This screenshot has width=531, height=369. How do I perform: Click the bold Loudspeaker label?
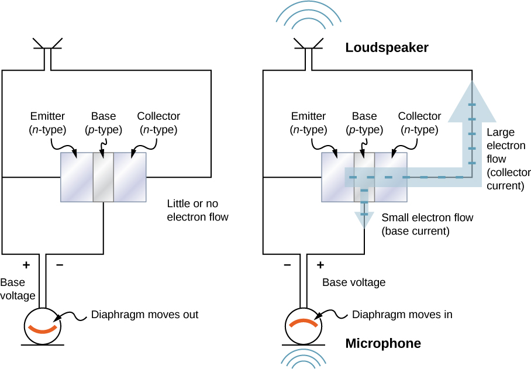(387, 47)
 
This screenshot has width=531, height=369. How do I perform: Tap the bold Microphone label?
(383, 343)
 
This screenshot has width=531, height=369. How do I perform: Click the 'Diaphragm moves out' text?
(144, 315)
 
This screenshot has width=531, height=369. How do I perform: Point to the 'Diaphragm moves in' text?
(402, 315)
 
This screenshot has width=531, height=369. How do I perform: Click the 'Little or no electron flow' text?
(197, 211)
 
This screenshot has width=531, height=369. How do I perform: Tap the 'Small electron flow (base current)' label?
(427, 224)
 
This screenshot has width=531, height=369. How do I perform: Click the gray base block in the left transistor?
(104, 177)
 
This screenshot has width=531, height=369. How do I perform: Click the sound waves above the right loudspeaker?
(308, 18)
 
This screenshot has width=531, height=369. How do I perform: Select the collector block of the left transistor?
(130, 177)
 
